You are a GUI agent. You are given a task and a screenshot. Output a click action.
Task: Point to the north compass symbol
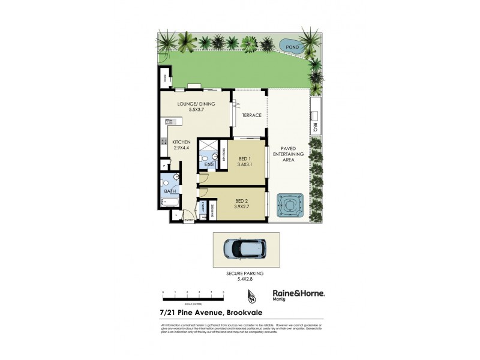click(252, 296)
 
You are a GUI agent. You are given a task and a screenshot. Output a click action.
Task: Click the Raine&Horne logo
click(299, 295)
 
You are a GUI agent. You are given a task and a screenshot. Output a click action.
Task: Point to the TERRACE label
click(251, 115)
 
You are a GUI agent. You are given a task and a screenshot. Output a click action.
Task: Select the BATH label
click(170, 191)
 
